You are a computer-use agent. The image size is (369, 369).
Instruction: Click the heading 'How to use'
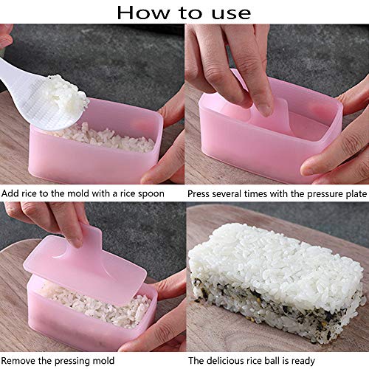click(184, 13)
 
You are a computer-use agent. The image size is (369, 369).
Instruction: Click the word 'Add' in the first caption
click(10, 193)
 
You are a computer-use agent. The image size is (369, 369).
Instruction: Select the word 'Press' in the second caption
click(199, 194)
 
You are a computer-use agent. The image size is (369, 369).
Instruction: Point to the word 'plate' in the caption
click(356, 194)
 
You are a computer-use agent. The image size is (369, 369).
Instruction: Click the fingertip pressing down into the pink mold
click(264, 108)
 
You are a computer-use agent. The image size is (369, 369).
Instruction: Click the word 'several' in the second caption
click(227, 194)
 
